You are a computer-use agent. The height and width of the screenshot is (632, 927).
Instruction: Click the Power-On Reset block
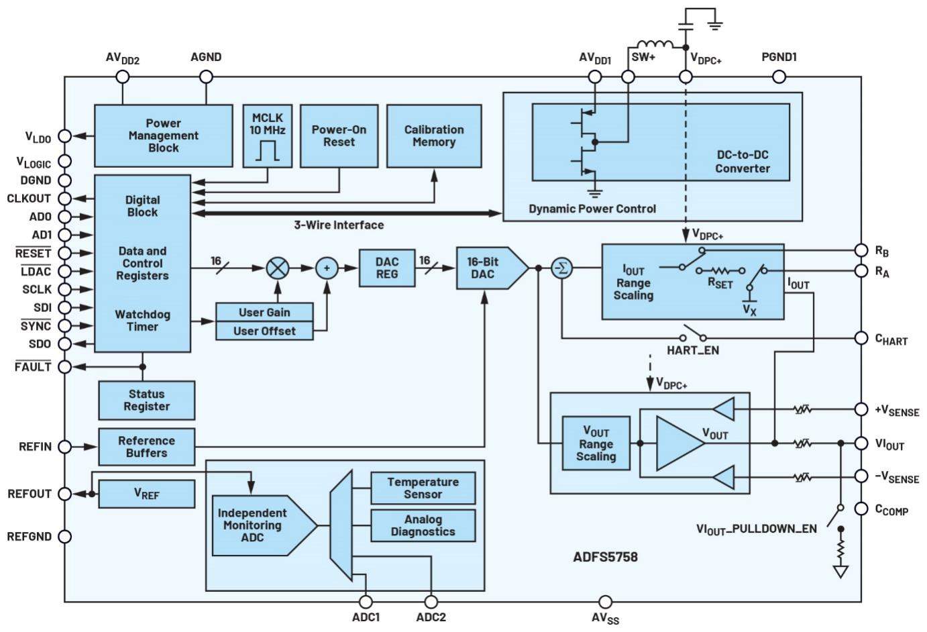coord(339,136)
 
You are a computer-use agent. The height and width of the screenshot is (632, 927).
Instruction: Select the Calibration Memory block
coord(433,136)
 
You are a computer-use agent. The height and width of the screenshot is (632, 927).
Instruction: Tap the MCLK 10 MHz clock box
coord(268,136)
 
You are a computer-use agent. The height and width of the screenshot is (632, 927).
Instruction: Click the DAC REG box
coord(386,268)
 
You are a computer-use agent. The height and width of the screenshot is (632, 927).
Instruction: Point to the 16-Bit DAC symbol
coord(488,268)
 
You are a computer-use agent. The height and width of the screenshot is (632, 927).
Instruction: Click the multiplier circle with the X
coord(278,268)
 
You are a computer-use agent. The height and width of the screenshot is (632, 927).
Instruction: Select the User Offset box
coord(264,331)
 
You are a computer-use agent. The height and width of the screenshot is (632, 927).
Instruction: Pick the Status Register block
coord(146,401)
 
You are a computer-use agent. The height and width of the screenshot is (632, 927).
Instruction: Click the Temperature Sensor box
coord(423,488)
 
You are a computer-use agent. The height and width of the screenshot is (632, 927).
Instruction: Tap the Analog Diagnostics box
coord(423,525)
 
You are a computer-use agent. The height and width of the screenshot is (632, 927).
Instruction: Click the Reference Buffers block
coord(146,447)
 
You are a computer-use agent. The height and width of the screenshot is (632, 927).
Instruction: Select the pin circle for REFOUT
coord(64,494)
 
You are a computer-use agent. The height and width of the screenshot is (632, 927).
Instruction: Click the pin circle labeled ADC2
coord(431,602)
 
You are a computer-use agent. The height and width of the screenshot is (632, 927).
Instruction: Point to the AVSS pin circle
coord(605,602)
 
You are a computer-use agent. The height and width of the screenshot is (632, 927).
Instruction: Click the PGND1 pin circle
coord(779,76)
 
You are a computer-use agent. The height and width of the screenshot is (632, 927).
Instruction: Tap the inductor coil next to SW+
coord(654,46)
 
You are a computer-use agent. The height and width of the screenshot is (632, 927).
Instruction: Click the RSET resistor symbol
coord(720,270)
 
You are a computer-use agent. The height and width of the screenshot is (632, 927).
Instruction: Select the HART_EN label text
coord(692,350)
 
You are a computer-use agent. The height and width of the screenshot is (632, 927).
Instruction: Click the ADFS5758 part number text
coord(605,557)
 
